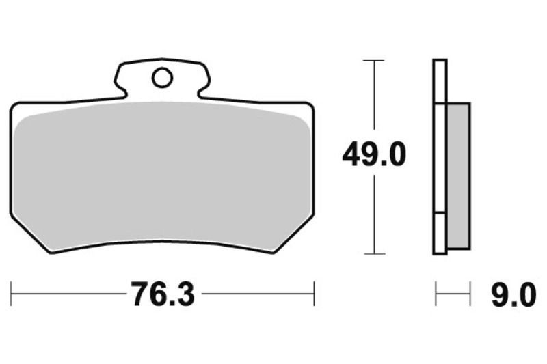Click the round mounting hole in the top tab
click(x=162, y=79)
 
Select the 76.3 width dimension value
click(x=163, y=295)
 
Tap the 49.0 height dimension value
click(x=374, y=156)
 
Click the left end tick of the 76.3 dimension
click(x=12, y=295)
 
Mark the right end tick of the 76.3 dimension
click(x=314, y=295)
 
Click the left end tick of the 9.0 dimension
click(x=436, y=295)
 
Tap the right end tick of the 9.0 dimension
click(x=470, y=295)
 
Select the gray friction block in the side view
click(x=458, y=176)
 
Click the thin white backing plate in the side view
click(x=440, y=157)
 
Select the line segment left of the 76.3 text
click(x=68, y=295)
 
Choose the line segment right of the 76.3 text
click(x=256, y=295)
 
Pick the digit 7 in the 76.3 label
click(x=138, y=295)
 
